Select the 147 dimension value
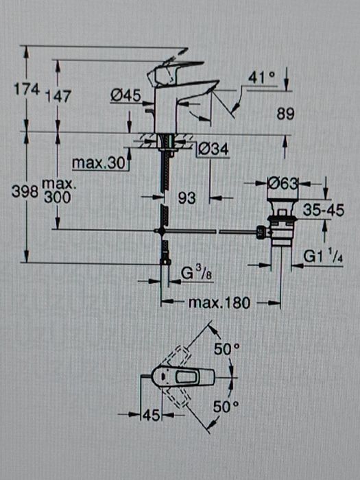(x=59, y=97)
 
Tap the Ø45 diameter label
(x=125, y=97)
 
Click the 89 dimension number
(x=286, y=115)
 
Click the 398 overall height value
(x=25, y=192)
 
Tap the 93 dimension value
(x=187, y=198)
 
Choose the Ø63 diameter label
(x=282, y=184)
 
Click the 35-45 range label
(x=323, y=212)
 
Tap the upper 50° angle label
(x=226, y=349)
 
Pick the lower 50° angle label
(x=226, y=407)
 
